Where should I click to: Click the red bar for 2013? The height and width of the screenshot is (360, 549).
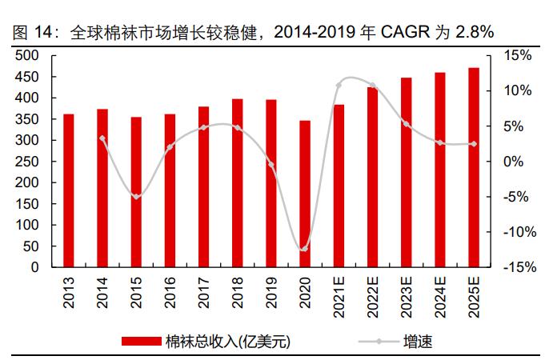click(69, 190)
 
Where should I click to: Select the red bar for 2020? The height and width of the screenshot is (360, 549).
click(305, 194)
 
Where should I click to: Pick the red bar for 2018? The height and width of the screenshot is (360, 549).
click(237, 183)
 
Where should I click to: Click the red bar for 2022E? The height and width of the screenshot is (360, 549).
click(372, 177)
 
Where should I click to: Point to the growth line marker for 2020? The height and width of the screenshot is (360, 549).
click(304, 249)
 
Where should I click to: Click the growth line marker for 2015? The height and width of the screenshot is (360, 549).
click(136, 196)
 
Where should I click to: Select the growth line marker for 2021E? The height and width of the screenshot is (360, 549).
click(339, 86)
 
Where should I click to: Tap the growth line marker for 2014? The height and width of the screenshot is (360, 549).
click(102, 138)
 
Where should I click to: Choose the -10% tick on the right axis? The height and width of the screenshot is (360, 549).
click(517, 232)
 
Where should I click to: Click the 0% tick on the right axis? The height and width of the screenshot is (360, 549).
click(515, 162)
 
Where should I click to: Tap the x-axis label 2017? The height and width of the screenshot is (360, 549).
click(204, 291)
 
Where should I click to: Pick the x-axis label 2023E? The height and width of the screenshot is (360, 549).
click(406, 294)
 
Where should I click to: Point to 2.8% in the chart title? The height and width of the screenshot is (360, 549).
click(474, 32)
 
